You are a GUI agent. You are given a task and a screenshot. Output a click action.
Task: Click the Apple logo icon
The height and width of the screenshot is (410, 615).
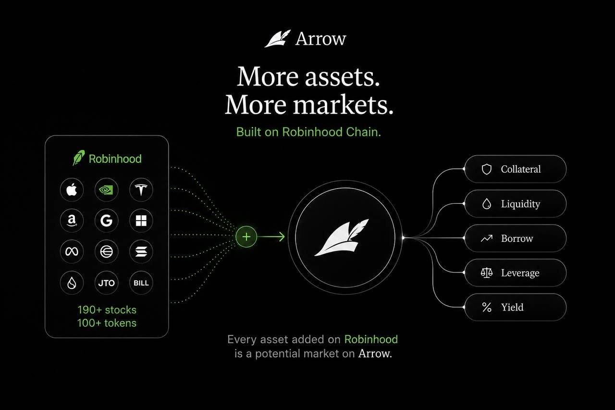coord(72,190)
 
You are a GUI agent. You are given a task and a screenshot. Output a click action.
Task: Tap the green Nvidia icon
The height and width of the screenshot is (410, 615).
coord(106,190)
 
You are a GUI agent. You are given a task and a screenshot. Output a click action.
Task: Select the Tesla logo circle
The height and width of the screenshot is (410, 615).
coord(141,190)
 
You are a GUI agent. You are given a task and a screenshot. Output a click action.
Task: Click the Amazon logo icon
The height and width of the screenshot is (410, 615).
coord(72,221)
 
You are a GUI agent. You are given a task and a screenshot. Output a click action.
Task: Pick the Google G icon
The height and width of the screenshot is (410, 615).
coord(106,221)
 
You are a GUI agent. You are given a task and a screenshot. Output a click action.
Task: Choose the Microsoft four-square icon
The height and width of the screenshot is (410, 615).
coord(141,221)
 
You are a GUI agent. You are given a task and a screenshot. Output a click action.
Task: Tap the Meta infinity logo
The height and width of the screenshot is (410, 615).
coord(72,251)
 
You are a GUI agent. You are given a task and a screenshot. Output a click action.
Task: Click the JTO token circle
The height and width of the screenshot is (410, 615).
coord(106,283)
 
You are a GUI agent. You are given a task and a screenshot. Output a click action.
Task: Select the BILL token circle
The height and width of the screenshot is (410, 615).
coord(141,283)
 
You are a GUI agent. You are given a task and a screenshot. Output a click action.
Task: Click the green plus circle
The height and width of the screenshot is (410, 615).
coord(246,236)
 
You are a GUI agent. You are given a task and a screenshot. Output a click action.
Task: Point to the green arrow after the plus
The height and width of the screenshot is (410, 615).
coord(271,236)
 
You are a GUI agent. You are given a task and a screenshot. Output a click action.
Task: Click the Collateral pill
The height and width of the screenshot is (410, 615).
coord(516,169)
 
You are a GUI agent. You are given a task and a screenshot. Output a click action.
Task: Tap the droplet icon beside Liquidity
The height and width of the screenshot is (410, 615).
coord(487,204)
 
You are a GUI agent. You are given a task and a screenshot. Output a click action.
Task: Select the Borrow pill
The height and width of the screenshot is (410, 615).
coord(516,238)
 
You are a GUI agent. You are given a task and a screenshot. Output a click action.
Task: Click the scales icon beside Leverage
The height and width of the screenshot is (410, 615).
coord(487,273)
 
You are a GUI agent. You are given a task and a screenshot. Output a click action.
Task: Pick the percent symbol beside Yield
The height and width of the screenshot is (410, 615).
coord(487,307)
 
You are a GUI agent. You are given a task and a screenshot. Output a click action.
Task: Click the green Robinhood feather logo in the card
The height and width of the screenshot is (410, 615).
coord(79,158)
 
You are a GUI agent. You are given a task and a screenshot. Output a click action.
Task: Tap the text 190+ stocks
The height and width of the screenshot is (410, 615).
coord(107,310)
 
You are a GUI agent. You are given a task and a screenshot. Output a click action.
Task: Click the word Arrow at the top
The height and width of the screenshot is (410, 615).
coord(320,39)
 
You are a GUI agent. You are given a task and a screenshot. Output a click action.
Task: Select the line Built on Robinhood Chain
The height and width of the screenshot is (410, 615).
coord(308,132)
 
